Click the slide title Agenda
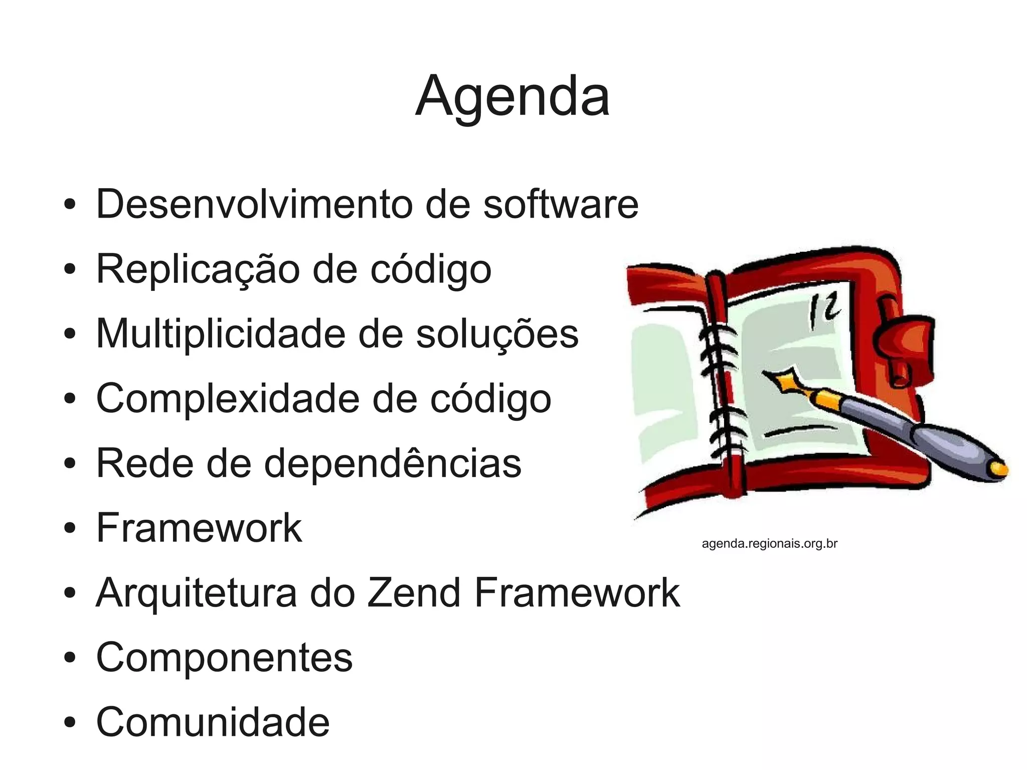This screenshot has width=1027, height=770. pos(512,96)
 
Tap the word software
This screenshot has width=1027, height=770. pos(561,204)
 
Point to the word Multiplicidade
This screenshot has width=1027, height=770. pos(221,334)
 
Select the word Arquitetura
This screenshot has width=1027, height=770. pos(196,593)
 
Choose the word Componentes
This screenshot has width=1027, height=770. pos(224,657)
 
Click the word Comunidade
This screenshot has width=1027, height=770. pos(213,722)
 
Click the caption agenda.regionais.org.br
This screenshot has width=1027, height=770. pos(769,543)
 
